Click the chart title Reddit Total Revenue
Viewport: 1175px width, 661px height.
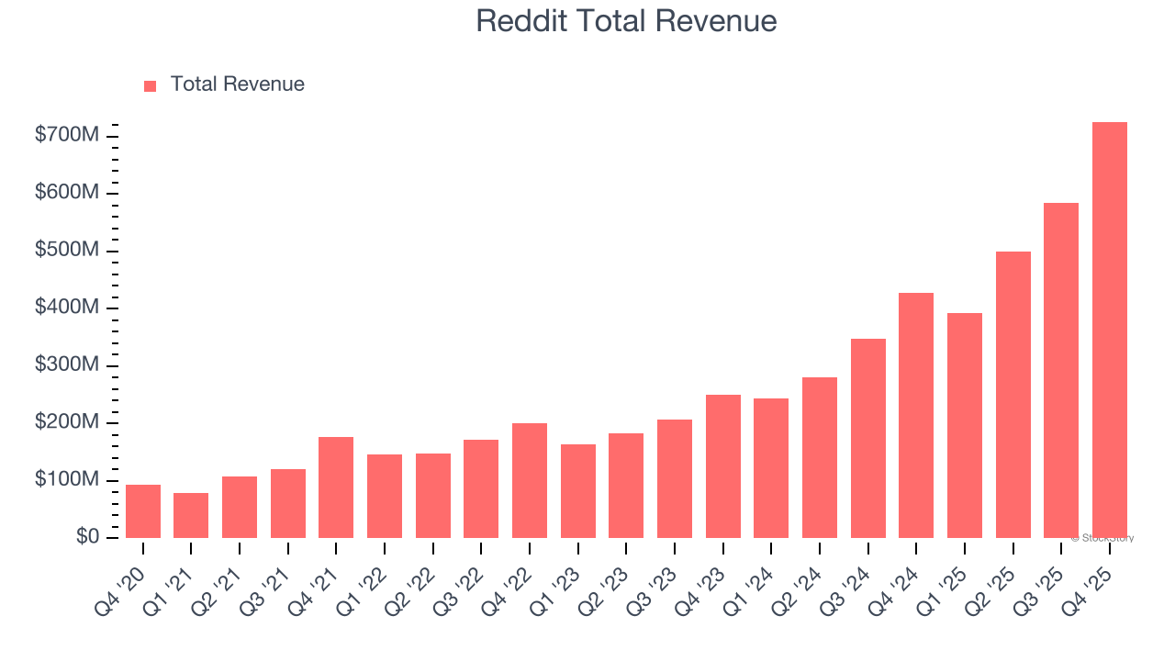[x=626, y=21]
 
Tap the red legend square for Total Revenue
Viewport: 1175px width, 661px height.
[x=151, y=85]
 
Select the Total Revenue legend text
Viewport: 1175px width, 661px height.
[x=237, y=84]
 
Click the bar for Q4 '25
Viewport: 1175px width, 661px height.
[x=1110, y=330]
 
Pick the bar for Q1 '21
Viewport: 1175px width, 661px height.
[x=191, y=515]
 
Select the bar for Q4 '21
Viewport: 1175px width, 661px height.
[x=336, y=487]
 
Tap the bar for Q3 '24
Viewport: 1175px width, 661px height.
[x=868, y=438]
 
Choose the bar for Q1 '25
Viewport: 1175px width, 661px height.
[x=965, y=425]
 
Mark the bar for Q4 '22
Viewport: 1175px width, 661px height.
[x=530, y=480]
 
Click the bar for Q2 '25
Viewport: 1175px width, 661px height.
[x=1013, y=395]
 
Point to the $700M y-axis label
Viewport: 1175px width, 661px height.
[x=67, y=136]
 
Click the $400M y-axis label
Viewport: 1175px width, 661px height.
[x=67, y=308]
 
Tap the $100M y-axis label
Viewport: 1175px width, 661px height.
[x=67, y=479]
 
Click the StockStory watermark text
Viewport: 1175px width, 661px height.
[x=1102, y=538]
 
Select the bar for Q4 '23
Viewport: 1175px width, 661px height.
[x=723, y=466]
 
